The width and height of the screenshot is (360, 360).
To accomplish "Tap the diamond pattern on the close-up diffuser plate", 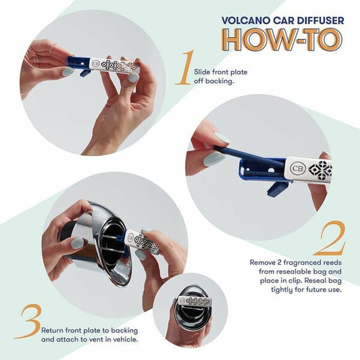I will click(x=319, y=169).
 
